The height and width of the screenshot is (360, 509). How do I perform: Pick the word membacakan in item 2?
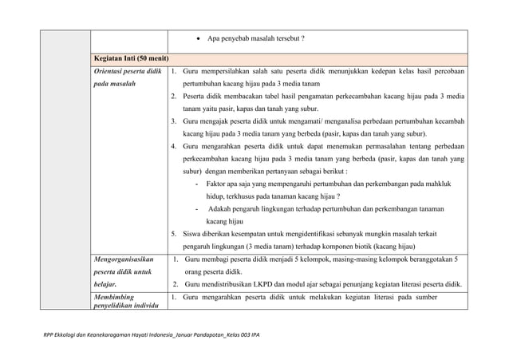(x=255, y=96)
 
